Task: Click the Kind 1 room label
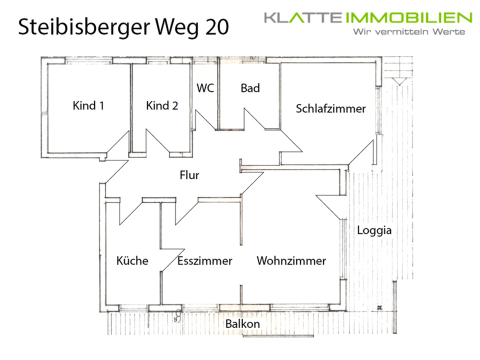(x=88, y=106)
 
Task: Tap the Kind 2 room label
(x=162, y=106)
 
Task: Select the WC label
(x=205, y=88)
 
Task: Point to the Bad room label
(x=250, y=88)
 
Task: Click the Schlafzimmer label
(x=330, y=108)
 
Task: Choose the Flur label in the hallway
(x=189, y=175)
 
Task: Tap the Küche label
(x=132, y=260)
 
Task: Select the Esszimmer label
(x=204, y=260)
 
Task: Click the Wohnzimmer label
(x=291, y=260)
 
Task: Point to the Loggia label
(x=374, y=230)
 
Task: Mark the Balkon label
(x=242, y=323)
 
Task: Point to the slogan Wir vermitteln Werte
(x=408, y=32)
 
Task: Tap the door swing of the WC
(x=204, y=120)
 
